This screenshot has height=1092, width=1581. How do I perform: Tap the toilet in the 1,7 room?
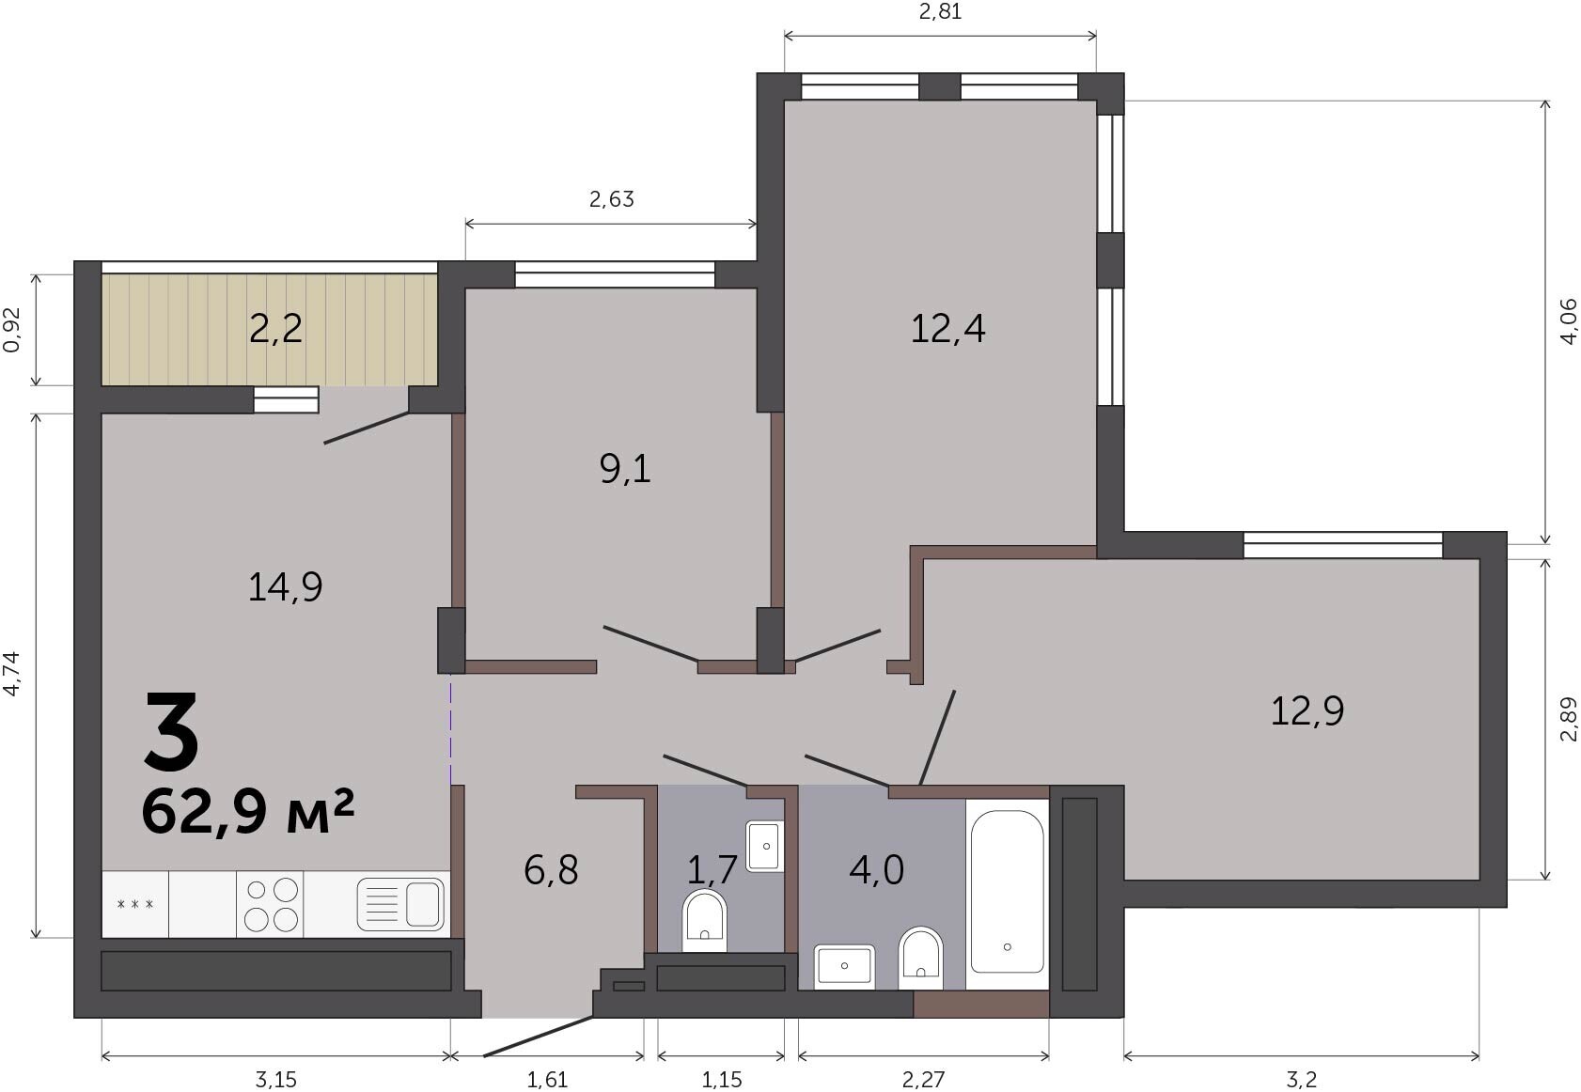704,920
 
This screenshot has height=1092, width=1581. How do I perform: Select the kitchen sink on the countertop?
401,903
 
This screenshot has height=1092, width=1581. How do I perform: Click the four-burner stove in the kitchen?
271,903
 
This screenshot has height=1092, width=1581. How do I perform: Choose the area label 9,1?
625,470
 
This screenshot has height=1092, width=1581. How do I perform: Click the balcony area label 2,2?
276,329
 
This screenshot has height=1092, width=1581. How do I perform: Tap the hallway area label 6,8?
551,869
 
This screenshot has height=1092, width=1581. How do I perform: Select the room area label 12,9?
1307,710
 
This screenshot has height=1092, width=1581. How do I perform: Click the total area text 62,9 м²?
247,812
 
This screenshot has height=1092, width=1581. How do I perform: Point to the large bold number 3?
171,730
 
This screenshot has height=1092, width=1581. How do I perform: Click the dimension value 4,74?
13,674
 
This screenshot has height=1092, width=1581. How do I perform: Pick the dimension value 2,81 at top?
940,11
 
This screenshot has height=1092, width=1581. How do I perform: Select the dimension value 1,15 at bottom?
722,1079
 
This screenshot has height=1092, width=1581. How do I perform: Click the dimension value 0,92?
13,330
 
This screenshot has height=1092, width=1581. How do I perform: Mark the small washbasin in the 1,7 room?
765,846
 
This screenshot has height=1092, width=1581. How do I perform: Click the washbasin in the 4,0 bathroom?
845,966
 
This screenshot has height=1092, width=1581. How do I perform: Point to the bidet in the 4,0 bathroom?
920,958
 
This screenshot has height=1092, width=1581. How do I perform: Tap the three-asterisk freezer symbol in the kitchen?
134,904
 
